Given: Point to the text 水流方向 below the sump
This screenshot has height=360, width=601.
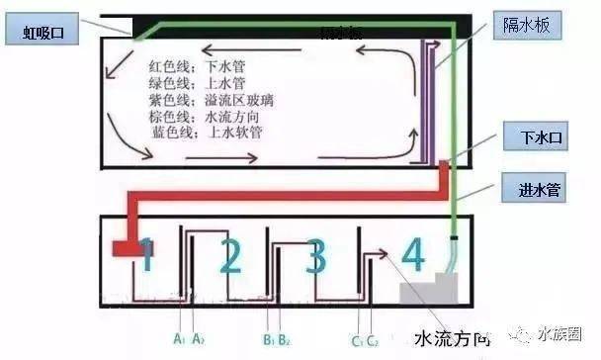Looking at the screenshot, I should (452, 336).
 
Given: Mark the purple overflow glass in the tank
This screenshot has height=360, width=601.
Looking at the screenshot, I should (429, 99).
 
